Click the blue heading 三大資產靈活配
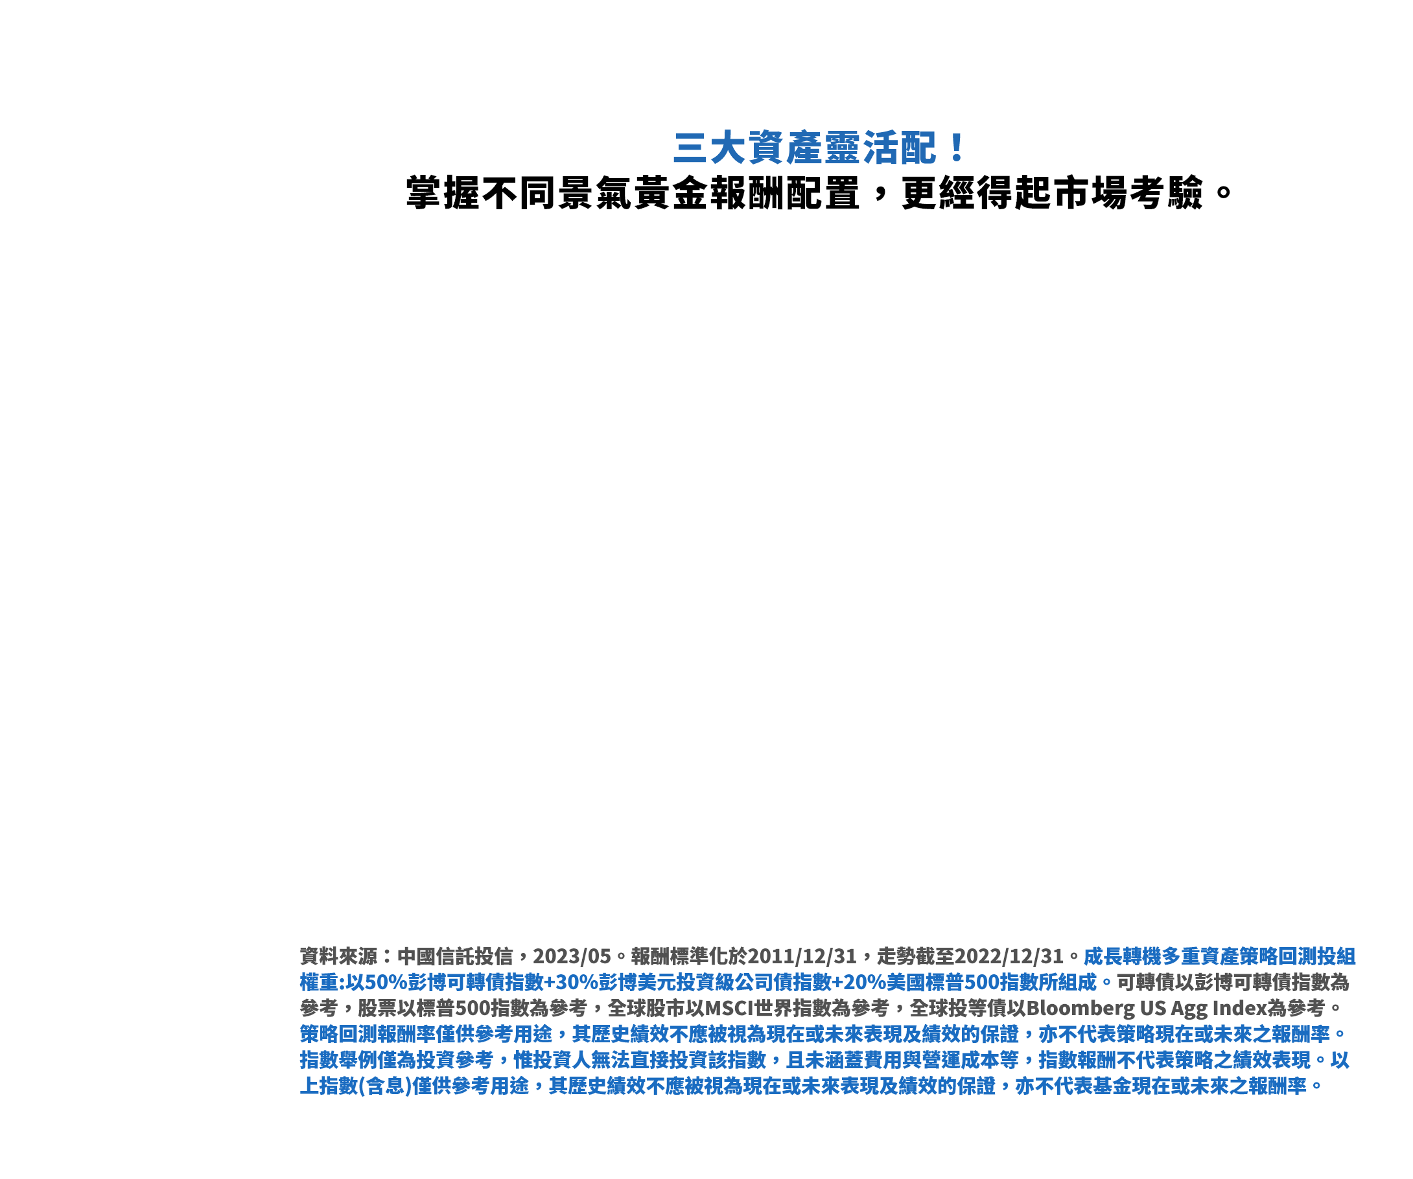(805, 148)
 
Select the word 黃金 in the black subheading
(671, 193)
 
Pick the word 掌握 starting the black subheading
(443, 193)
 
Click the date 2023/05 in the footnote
(572, 956)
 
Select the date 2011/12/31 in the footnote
(802, 956)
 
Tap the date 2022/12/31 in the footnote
(1009, 956)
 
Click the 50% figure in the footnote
(386, 983)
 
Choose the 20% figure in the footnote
(865, 983)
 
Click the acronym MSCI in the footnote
(729, 1008)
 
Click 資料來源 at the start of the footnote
(338, 956)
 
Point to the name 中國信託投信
(455, 956)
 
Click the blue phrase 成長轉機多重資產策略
(1180, 956)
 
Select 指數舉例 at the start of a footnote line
(338, 1060)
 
